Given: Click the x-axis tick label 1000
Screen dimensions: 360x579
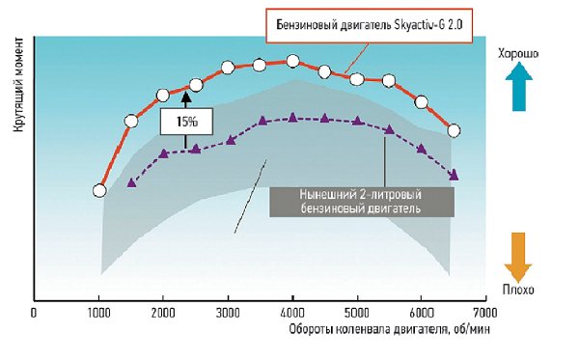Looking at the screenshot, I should click(98, 313).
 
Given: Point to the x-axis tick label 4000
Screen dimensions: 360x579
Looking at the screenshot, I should click(292, 313).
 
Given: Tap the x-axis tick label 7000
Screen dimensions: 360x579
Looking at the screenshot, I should click(485, 313).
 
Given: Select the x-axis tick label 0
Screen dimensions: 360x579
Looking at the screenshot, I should click(34, 313).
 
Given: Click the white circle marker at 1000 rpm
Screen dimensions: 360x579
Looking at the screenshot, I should click(98, 191).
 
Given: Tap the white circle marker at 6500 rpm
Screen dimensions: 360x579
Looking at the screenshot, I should click(454, 130).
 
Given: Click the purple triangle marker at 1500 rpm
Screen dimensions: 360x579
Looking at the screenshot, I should click(131, 183).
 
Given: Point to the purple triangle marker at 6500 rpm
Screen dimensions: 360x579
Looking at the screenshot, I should click(454, 175).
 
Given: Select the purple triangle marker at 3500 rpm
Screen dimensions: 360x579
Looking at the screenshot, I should click(261, 122).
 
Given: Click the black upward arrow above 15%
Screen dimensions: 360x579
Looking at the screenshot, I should click(188, 98).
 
